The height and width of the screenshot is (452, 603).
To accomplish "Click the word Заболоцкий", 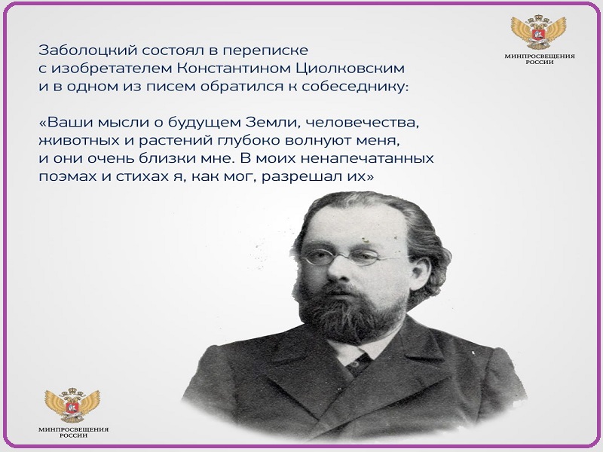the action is pyautogui.click(x=88, y=50).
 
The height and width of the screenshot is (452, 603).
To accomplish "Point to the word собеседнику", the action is pyautogui.click(x=354, y=87).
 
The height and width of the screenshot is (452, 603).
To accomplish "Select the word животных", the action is pyautogui.click(x=79, y=140).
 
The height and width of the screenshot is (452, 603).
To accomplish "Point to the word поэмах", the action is pyautogui.click(x=68, y=177).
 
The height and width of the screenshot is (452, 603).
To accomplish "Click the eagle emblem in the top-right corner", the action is pyautogui.click(x=538, y=32).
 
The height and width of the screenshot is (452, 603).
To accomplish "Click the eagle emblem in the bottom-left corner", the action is pyautogui.click(x=72, y=405).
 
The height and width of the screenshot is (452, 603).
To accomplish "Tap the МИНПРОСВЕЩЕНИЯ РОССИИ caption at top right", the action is pyautogui.click(x=540, y=60).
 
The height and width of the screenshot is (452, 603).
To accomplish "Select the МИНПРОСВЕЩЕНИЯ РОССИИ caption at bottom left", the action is pyautogui.click(x=73, y=432).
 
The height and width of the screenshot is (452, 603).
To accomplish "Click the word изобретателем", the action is pyautogui.click(x=112, y=69).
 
